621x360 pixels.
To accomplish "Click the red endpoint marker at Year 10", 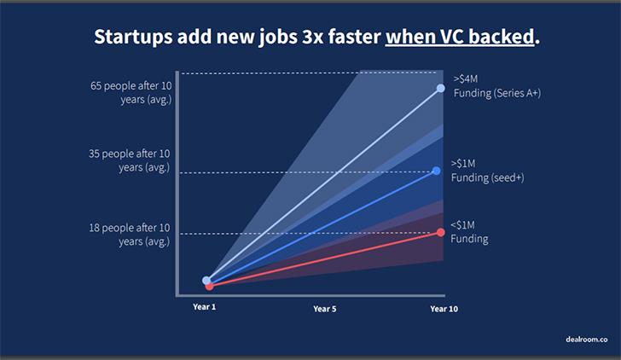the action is [x=440, y=233].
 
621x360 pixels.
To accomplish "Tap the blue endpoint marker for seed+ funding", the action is [x=437, y=171].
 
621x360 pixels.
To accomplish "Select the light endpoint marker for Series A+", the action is [x=440, y=89].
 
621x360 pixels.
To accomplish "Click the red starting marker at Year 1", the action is [x=210, y=286].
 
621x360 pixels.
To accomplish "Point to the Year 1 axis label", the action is [x=205, y=307].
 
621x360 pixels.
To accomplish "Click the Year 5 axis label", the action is [x=325, y=309].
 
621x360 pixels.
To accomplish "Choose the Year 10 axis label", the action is [x=444, y=309].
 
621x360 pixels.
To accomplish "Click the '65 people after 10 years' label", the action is [x=131, y=93].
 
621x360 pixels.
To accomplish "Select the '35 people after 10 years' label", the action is [x=129, y=160].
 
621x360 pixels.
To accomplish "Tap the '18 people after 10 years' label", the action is [x=129, y=235].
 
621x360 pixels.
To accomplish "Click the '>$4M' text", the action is [x=466, y=78].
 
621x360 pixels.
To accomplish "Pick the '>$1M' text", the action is [x=463, y=163].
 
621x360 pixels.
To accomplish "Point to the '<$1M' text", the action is [x=462, y=225].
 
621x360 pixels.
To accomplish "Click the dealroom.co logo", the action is [x=587, y=340].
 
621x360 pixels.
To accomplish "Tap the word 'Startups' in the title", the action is [x=133, y=37].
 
